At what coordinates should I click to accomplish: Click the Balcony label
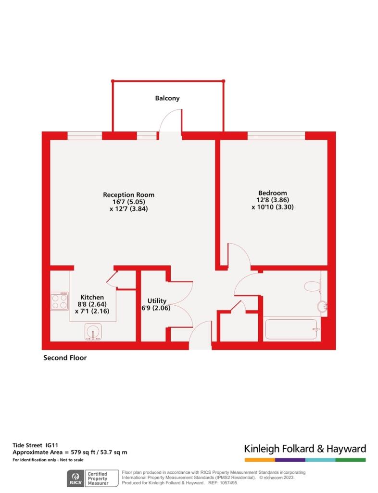click(167, 98)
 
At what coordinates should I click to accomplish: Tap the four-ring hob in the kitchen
click(60, 301)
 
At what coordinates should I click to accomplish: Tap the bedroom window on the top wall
click(276, 136)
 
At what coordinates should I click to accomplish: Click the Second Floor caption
click(65, 358)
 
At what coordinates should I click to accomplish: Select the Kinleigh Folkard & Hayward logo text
click(305, 449)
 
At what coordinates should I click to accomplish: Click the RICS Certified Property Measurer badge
click(92, 478)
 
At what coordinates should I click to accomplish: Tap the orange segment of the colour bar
click(260, 460)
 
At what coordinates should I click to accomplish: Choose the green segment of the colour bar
click(351, 460)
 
